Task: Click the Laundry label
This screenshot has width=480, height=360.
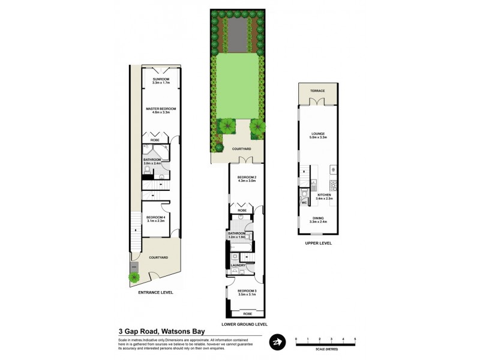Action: [238, 265]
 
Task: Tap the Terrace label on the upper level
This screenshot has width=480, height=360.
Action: [317, 91]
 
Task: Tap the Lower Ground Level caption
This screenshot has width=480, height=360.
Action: [244, 324]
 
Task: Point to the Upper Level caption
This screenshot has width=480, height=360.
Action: [317, 243]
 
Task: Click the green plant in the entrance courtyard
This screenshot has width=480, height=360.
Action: [133, 277]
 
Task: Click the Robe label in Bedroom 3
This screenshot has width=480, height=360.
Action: [247, 314]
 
